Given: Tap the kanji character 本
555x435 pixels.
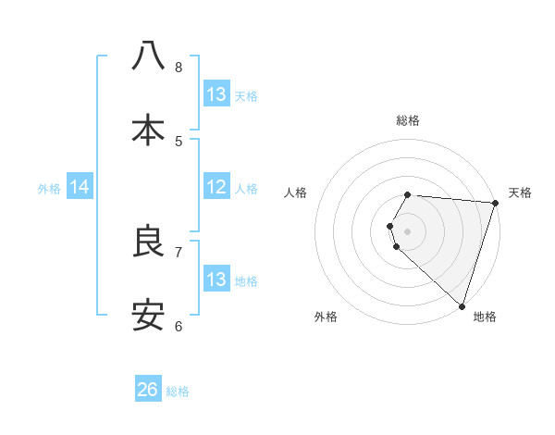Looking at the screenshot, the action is [x=148, y=130].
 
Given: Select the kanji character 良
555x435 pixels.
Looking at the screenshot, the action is [x=148, y=242].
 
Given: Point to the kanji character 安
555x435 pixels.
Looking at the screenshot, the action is [x=148, y=316].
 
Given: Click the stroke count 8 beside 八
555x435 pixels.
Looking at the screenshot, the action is [x=179, y=67].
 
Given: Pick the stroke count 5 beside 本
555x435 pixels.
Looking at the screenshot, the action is [x=179, y=141].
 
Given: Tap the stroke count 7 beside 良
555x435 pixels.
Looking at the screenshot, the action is [x=179, y=252].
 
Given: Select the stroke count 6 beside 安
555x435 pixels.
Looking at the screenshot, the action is [x=179, y=326].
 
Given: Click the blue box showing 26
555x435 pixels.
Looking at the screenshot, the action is [x=148, y=390].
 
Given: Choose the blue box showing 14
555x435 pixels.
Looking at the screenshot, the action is [x=80, y=188].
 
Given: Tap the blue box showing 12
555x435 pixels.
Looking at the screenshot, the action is [x=216, y=188].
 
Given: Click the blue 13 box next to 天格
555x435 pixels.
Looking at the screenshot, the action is [x=216, y=94].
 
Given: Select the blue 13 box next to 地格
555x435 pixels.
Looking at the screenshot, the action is [x=216, y=280].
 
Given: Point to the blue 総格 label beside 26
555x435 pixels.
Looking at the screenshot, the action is [x=178, y=391].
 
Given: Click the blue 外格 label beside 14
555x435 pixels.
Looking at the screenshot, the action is [x=49, y=189].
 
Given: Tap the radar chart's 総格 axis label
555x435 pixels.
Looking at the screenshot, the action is [x=408, y=120].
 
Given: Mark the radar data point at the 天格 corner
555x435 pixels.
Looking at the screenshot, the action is [x=495, y=203].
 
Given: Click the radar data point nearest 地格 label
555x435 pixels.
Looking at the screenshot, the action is [x=462, y=305].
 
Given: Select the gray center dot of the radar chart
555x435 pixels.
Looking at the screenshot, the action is [x=408, y=230].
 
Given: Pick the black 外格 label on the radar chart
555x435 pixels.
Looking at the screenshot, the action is [x=326, y=317].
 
